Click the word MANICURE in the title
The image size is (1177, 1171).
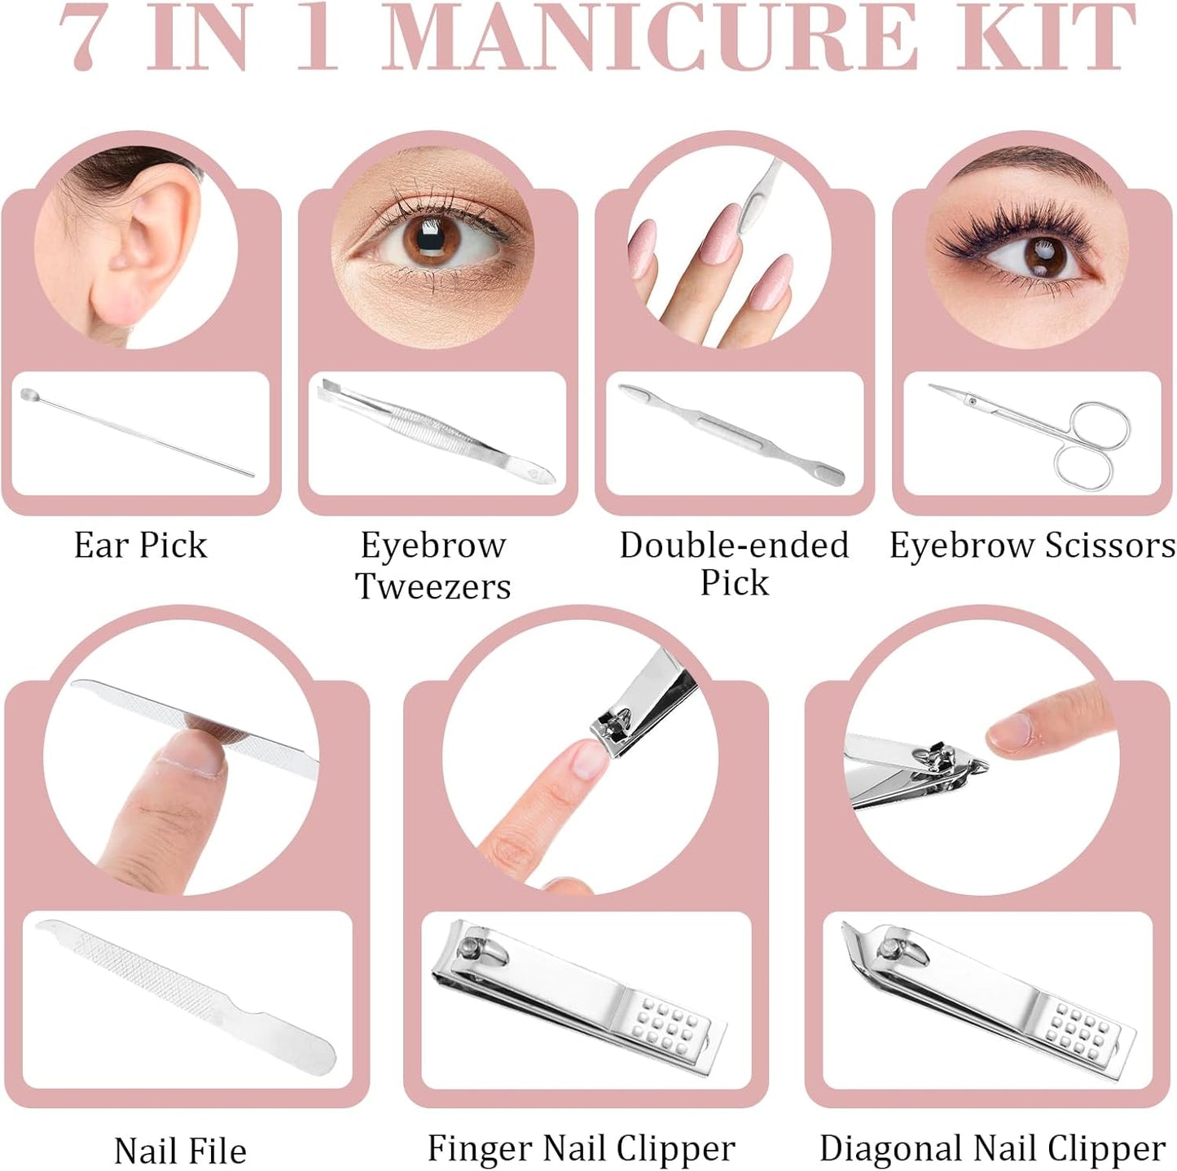pos(649,39)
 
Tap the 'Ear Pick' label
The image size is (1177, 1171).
pos(140,545)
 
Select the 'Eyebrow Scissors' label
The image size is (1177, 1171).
pos(1032,545)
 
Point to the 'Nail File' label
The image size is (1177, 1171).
pos(180,1151)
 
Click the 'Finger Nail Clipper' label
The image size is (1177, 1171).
pos(581,1148)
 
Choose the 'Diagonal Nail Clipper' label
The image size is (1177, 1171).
pos(992,1148)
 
